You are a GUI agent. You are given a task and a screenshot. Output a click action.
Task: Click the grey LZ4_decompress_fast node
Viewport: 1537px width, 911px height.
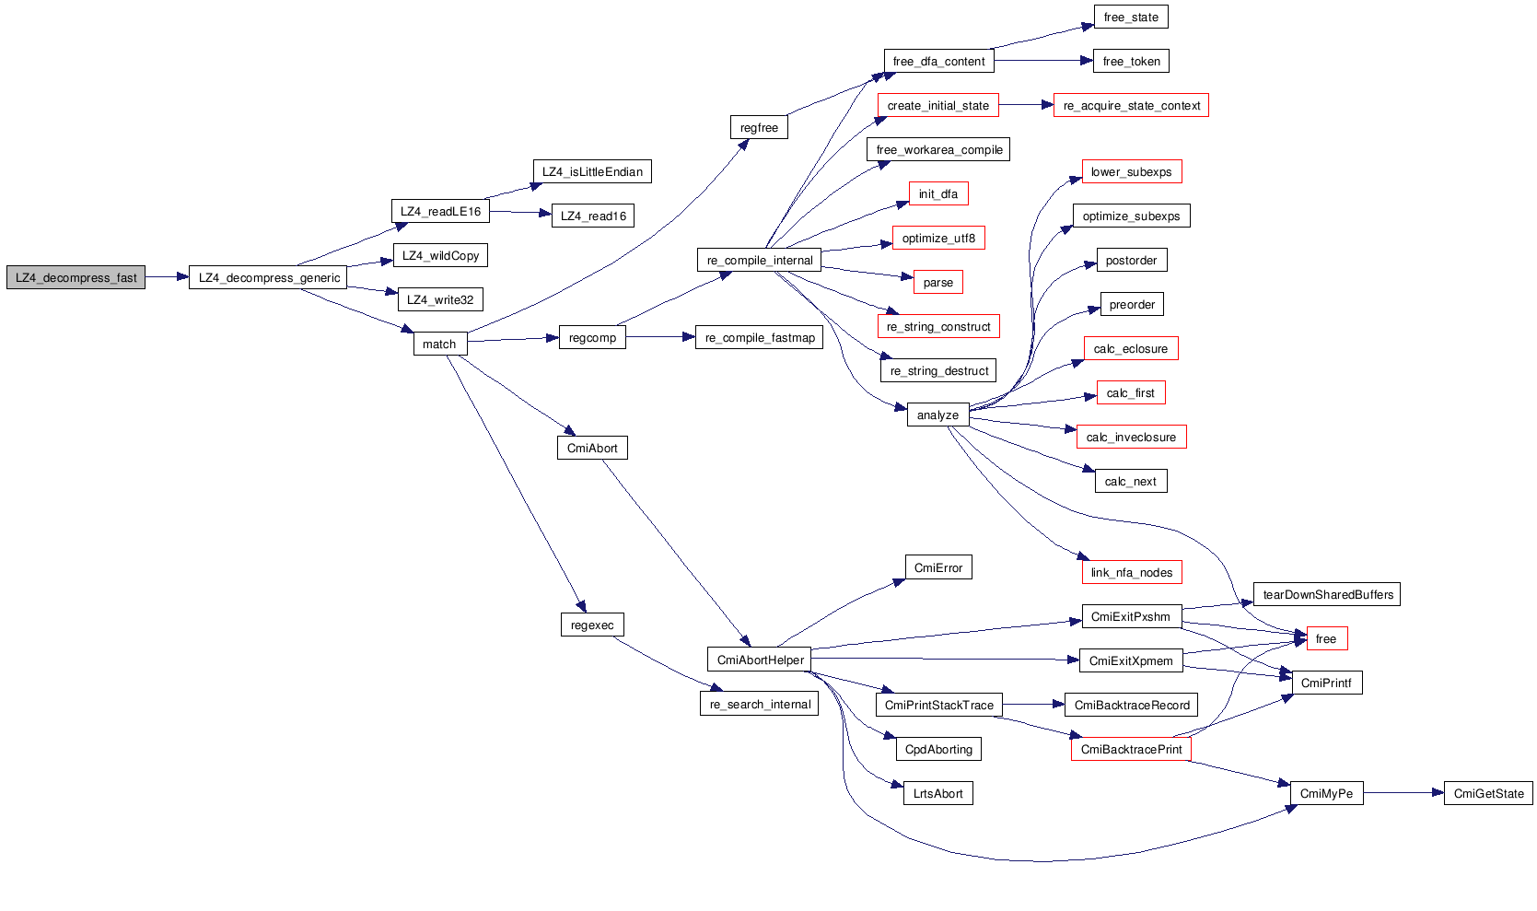click(76, 277)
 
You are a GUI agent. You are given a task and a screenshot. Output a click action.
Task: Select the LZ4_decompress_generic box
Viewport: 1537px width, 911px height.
click(268, 277)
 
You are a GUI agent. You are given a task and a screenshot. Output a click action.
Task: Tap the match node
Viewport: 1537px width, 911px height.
click(439, 344)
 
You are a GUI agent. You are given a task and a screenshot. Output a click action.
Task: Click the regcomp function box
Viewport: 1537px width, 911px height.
click(592, 338)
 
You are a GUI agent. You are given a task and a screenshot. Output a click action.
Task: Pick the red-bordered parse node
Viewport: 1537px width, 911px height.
click(937, 282)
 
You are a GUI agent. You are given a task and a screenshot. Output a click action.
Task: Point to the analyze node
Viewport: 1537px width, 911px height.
click(937, 415)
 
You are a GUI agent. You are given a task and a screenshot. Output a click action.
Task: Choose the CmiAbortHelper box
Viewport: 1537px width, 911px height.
click(760, 660)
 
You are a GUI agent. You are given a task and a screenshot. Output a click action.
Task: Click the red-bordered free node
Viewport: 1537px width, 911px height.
click(1326, 638)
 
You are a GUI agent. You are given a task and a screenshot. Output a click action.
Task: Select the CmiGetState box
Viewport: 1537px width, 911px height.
click(1488, 793)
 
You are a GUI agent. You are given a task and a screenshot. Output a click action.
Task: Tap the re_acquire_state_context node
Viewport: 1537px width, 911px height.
click(1131, 106)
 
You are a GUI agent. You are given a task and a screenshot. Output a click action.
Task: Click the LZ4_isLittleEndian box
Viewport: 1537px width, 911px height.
click(592, 171)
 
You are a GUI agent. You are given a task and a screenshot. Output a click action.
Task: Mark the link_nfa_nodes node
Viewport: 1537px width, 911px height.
click(1131, 572)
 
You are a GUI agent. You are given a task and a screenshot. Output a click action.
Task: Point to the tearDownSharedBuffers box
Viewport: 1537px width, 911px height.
click(1327, 594)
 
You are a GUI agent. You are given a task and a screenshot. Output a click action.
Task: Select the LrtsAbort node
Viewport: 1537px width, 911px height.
click(937, 793)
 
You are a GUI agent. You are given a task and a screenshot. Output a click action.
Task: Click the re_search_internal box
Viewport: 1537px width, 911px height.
click(760, 704)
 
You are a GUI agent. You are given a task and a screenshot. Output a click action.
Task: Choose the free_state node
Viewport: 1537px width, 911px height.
click(1131, 17)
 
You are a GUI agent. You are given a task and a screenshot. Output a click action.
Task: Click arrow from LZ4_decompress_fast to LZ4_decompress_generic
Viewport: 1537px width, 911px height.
click(167, 277)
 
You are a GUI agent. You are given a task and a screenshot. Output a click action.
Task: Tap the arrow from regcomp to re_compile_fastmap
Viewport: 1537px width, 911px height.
click(660, 337)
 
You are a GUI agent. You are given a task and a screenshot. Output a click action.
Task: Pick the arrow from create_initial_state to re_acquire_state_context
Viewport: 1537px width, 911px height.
click(1026, 105)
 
